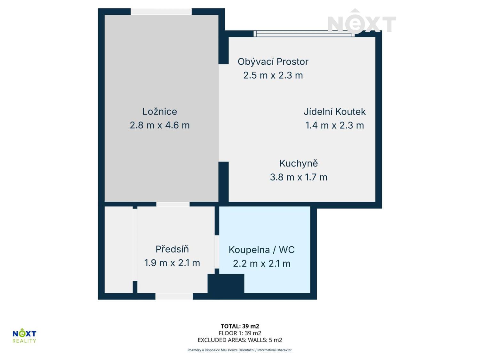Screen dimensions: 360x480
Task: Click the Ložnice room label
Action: click(x=159, y=111)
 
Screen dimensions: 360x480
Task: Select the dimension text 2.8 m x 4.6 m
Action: click(x=159, y=125)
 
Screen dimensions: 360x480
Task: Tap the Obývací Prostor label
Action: click(x=273, y=62)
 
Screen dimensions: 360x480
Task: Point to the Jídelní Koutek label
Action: click(x=334, y=112)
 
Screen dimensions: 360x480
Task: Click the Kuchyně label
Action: click(x=298, y=164)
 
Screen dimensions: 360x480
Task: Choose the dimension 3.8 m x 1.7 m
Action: click(x=298, y=177)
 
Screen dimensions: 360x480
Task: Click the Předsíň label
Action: click(x=172, y=249)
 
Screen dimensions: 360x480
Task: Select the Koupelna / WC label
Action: click(x=261, y=250)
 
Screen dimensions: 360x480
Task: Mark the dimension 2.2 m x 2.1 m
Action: click(x=261, y=264)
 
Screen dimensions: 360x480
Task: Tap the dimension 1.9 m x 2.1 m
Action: click(x=172, y=263)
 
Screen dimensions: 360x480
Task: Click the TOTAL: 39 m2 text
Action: click(x=240, y=326)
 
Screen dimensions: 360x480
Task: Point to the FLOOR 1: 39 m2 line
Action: click(x=240, y=333)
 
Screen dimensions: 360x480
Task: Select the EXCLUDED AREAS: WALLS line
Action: click(x=240, y=340)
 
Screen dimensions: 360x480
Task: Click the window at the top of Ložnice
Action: click(x=161, y=12)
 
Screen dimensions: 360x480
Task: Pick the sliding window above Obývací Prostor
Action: click(x=304, y=34)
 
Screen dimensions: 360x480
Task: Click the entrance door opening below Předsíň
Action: click(x=174, y=296)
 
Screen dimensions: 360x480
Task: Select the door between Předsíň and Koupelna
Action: click(x=217, y=252)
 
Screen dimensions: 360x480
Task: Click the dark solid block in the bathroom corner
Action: click(x=226, y=284)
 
